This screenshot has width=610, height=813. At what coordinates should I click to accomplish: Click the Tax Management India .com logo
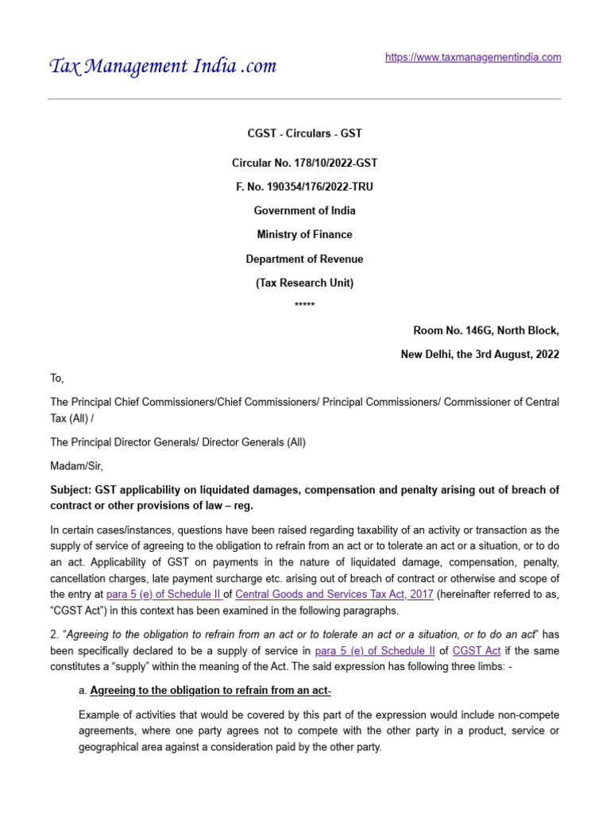(x=163, y=66)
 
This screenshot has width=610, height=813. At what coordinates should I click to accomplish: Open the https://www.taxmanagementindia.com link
(x=473, y=57)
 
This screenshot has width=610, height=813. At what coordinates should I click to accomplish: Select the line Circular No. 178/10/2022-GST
(x=304, y=164)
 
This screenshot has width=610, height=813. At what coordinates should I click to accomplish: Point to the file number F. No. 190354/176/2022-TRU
(x=304, y=187)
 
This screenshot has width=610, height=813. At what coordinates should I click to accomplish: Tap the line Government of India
(x=304, y=211)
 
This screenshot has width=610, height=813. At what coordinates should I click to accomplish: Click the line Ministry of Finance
(x=304, y=235)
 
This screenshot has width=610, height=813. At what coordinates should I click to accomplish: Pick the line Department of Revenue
(x=304, y=259)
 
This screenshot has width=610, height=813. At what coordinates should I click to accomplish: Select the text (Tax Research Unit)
(x=304, y=283)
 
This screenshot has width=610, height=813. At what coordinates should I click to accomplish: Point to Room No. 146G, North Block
(x=486, y=331)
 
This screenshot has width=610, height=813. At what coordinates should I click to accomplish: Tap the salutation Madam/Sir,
(x=76, y=466)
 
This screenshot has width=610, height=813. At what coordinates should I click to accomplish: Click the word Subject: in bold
(x=71, y=490)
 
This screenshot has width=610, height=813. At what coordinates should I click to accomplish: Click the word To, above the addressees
(x=56, y=379)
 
